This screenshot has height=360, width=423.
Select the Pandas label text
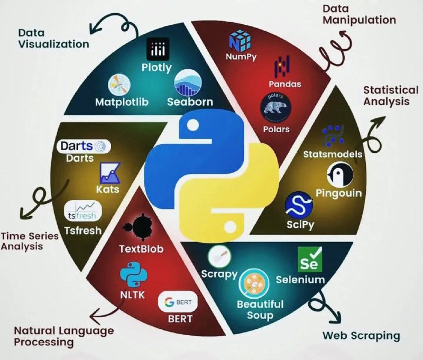[284, 84]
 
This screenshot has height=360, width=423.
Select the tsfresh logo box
[81, 212]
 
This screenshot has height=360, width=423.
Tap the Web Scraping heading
[361, 336]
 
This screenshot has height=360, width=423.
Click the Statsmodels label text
[333, 154]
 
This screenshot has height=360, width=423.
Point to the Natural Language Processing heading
[63, 336]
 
